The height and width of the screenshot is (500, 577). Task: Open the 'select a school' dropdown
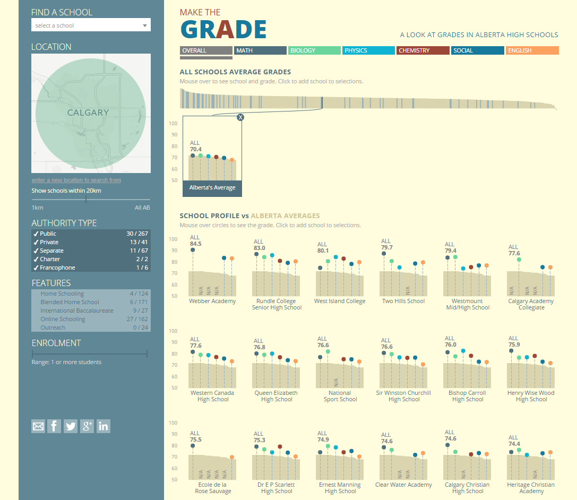[x=91, y=25]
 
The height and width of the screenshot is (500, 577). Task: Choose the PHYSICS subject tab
[x=369, y=50]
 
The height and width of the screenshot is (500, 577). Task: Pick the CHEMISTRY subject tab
[x=423, y=50]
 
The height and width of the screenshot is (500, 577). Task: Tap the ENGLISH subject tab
[x=531, y=50]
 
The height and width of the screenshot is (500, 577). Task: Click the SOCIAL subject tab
[x=477, y=50]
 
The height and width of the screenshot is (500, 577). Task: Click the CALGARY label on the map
[x=88, y=113]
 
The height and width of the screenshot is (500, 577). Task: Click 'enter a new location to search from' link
[x=76, y=180]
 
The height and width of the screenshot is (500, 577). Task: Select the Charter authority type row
[x=91, y=259]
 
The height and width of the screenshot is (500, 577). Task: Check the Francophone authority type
[x=91, y=268]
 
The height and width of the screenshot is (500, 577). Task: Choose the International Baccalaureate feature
[x=91, y=311]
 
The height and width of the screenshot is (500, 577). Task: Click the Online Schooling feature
[x=91, y=319]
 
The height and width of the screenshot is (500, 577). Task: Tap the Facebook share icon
[x=54, y=426]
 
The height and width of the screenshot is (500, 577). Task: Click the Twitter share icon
[x=71, y=426]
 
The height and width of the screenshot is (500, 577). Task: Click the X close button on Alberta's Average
[x=240, y=117]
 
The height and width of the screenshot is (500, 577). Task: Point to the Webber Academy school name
[x=212, y=301]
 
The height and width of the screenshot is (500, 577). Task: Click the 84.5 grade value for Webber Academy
[x=196, y=244]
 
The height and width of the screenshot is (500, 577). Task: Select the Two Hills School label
[x=403, y=301]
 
